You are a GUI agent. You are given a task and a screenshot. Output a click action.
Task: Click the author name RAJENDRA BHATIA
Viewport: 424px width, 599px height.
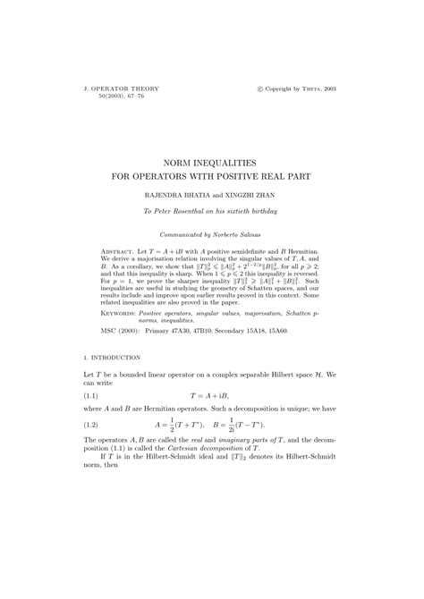pos(170,194)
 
